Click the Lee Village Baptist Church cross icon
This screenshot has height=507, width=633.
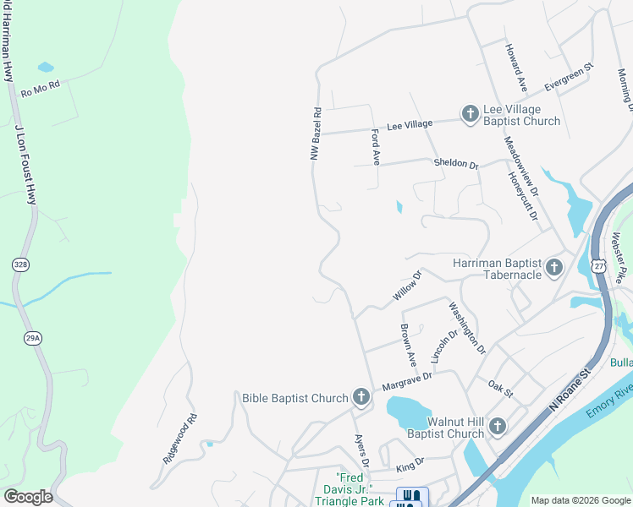pos(470,113)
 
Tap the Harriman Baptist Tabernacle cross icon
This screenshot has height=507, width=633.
pos(554,268)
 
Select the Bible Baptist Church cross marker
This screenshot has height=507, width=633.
pos(361,397)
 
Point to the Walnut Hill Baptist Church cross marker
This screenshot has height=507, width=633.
pos(497,426)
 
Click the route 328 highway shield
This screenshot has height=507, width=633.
pos(21,264)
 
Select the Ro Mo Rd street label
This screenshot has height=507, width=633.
pos(41,88)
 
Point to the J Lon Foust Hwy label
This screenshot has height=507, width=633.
pos(25,165)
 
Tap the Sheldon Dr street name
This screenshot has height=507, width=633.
pos(456,162)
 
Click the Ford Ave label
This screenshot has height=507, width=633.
pos(375,147)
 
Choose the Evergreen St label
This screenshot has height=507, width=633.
pos(570,75)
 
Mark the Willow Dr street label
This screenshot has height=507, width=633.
pos(407,286)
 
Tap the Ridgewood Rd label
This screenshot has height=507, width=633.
pos(179,437)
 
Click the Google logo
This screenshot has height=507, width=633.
pos(28,496)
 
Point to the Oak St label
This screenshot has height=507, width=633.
pos(501,388)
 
